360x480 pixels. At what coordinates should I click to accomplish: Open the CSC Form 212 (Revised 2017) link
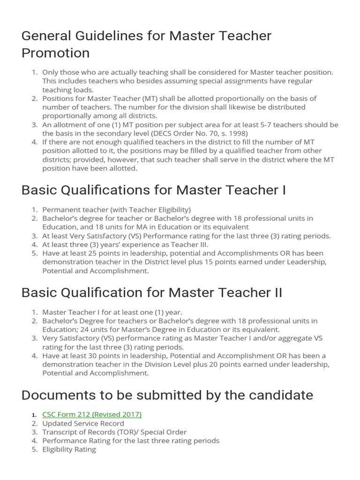pos(92,414)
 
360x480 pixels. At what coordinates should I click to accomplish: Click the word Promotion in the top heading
pos(55,53)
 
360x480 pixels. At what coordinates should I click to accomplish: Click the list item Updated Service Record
pos(83,423)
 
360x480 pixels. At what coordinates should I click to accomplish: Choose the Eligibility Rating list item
pos(69,450)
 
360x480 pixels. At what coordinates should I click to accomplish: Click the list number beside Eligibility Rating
pos(34,450)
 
